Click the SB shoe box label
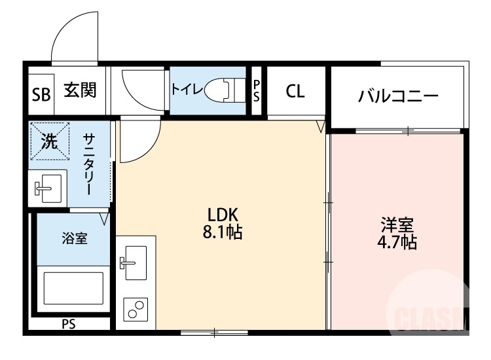click(41, 94)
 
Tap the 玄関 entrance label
click(80, 90)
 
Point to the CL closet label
click(295, 92)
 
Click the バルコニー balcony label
click(398, 97)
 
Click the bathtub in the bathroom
click(73, 288)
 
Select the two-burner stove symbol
click(136, 309)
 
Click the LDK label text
click(222, 214)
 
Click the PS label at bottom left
click(69, 323)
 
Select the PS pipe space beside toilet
click(257, 91)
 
